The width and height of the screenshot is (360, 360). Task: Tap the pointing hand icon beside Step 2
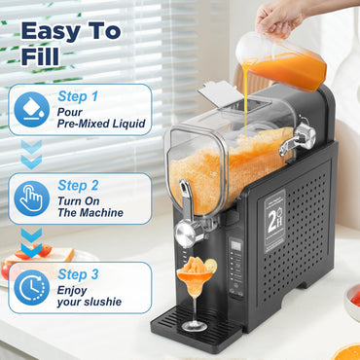[x=32, y=198]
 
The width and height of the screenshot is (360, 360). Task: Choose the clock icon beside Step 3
[x=32, y=287]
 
